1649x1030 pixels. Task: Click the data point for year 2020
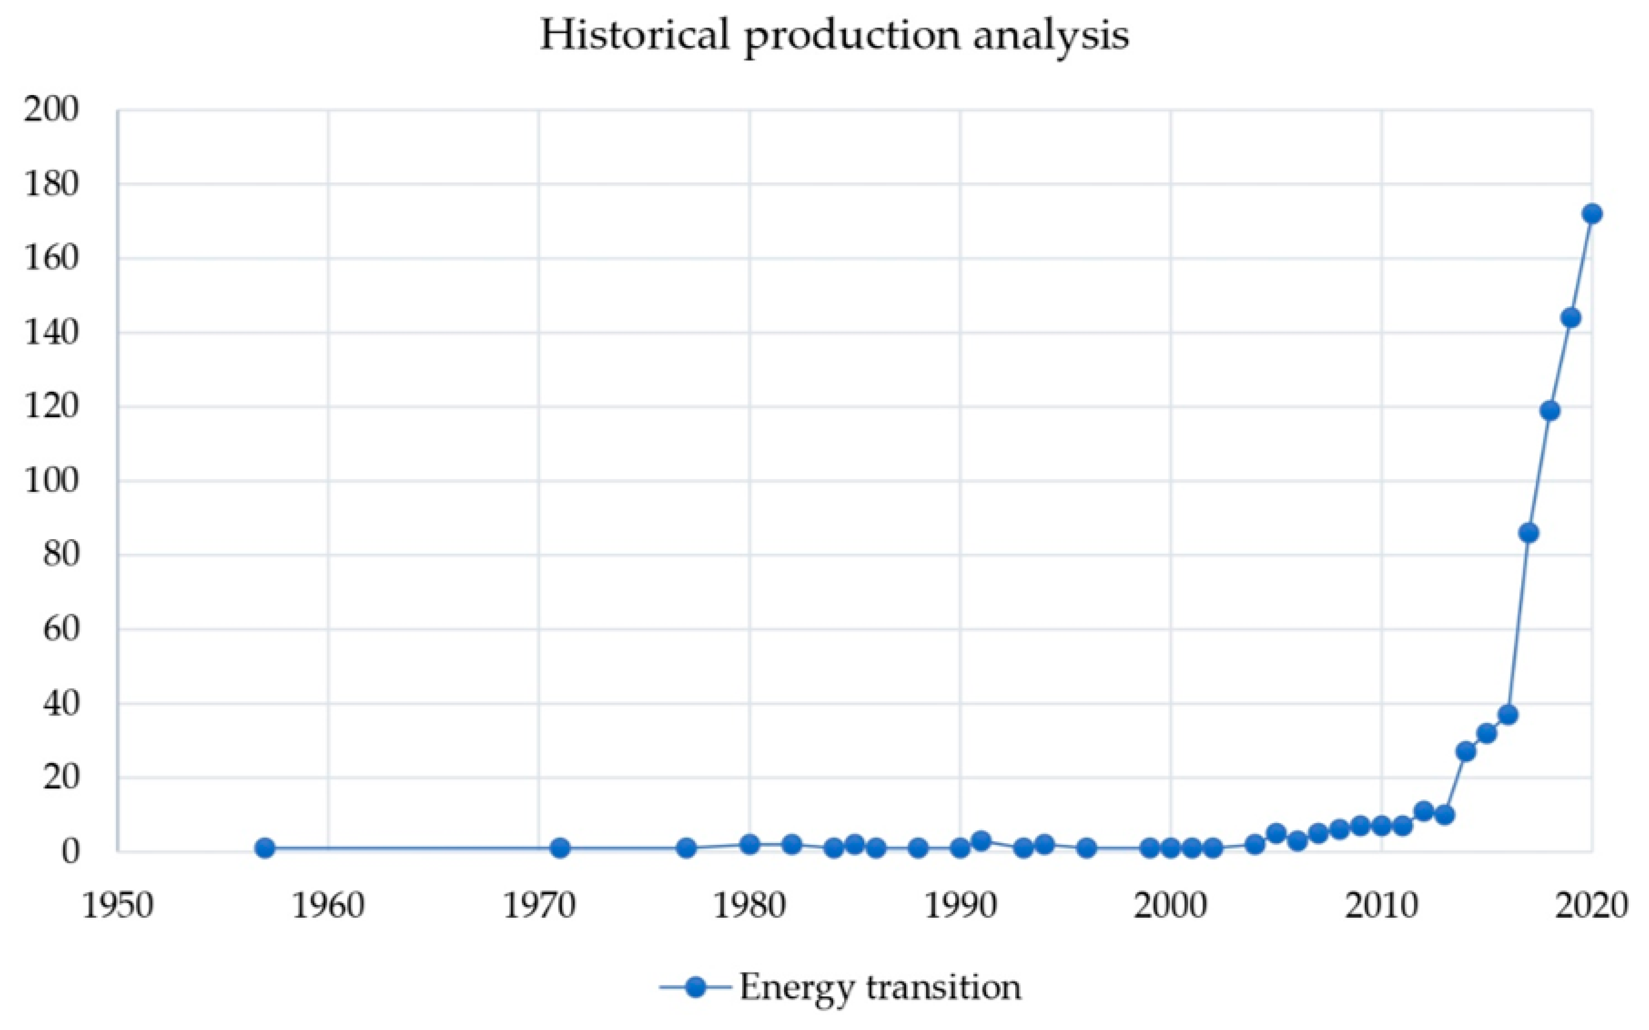(1592, 214)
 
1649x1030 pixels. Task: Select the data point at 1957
(265, 848)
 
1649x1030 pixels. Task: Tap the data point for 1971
(560, 848)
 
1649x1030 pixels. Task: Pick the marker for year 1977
(686, 848)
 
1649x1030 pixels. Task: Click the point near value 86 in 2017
(1528, 533)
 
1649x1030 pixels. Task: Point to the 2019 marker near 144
(1571, 318)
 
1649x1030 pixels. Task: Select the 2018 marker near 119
(1550, 411)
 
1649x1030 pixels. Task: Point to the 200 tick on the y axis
(51, 110)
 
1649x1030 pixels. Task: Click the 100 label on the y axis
(51, 481)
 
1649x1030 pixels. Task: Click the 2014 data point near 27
(1466, 751)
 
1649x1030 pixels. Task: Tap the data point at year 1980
(750, 845)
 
